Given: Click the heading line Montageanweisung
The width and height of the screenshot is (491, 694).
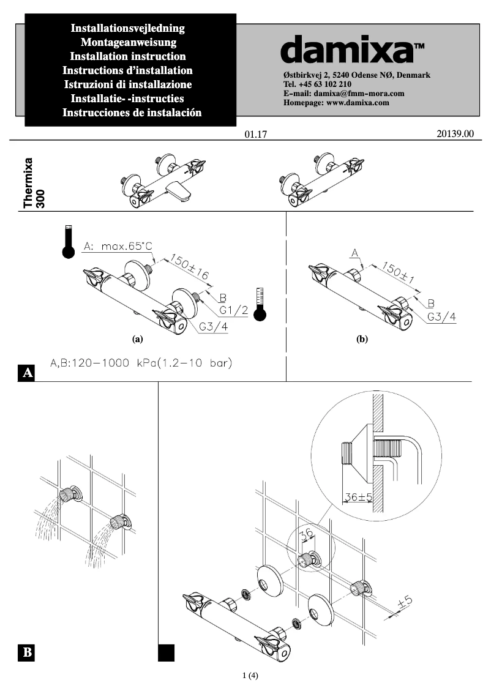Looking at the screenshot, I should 129,42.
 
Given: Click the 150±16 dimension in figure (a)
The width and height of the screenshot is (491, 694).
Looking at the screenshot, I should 189,268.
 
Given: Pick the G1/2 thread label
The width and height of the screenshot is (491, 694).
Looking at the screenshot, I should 233,310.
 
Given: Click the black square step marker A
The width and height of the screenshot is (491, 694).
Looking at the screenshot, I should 27,372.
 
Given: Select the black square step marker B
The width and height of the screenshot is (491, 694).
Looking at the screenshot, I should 27,652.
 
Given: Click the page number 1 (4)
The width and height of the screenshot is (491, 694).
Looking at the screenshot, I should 250,676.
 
